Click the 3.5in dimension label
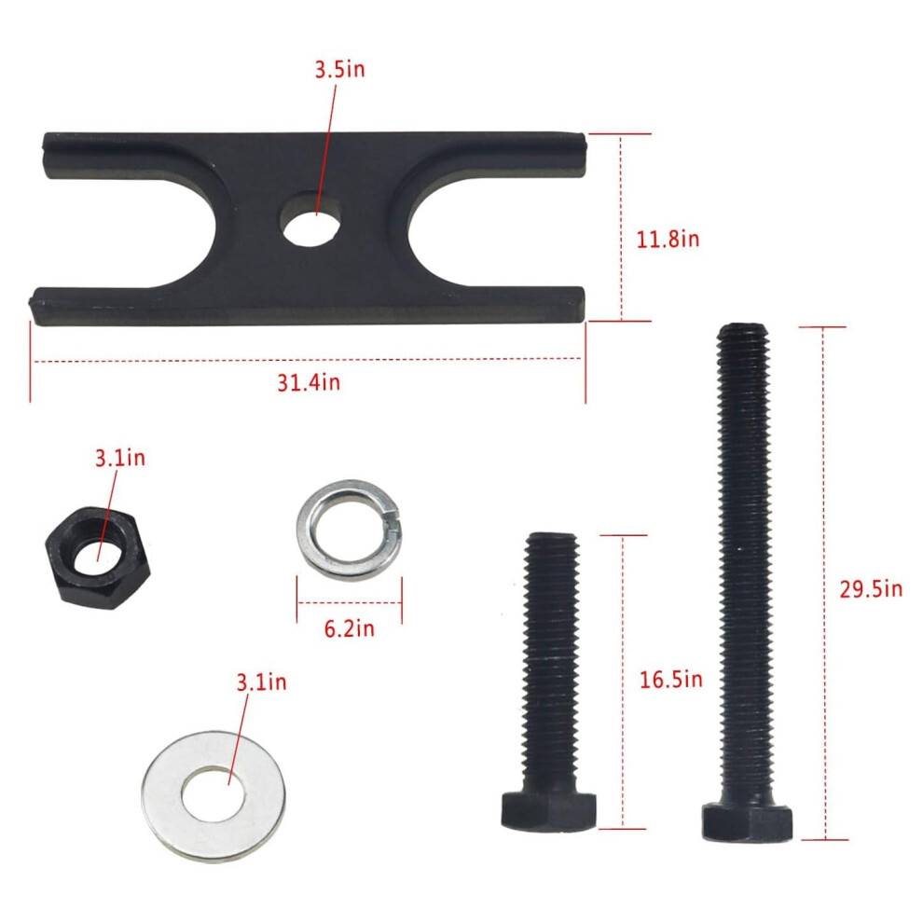[339, 70]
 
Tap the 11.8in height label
[668, 239]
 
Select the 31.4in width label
[309, 382]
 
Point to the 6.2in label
[349, 628]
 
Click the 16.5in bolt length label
[671, 680]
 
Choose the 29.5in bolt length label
[871, 589]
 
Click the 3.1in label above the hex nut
[120, 458]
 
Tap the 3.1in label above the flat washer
[261, 682]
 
